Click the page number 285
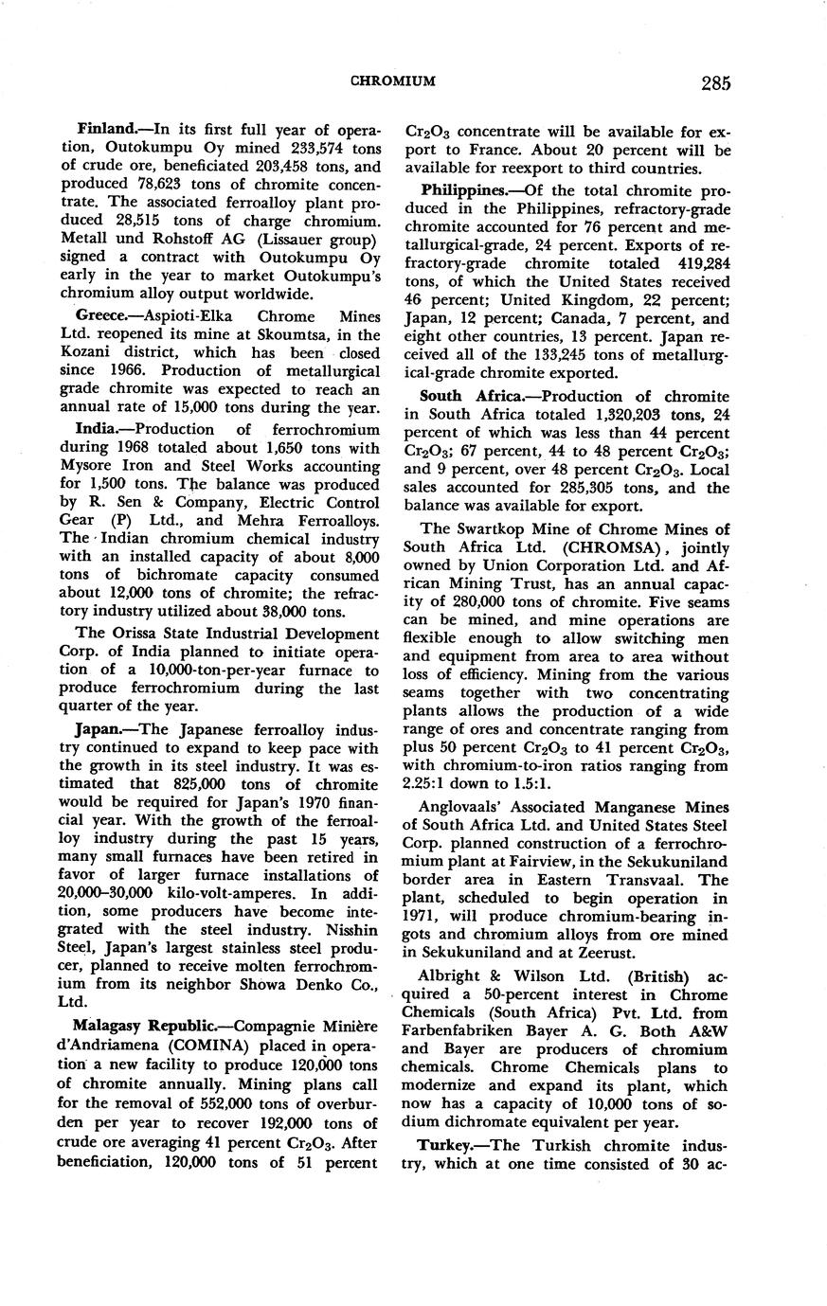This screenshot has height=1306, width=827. click(x=716, y=82)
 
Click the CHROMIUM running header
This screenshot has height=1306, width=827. click(x=393, y=82)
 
